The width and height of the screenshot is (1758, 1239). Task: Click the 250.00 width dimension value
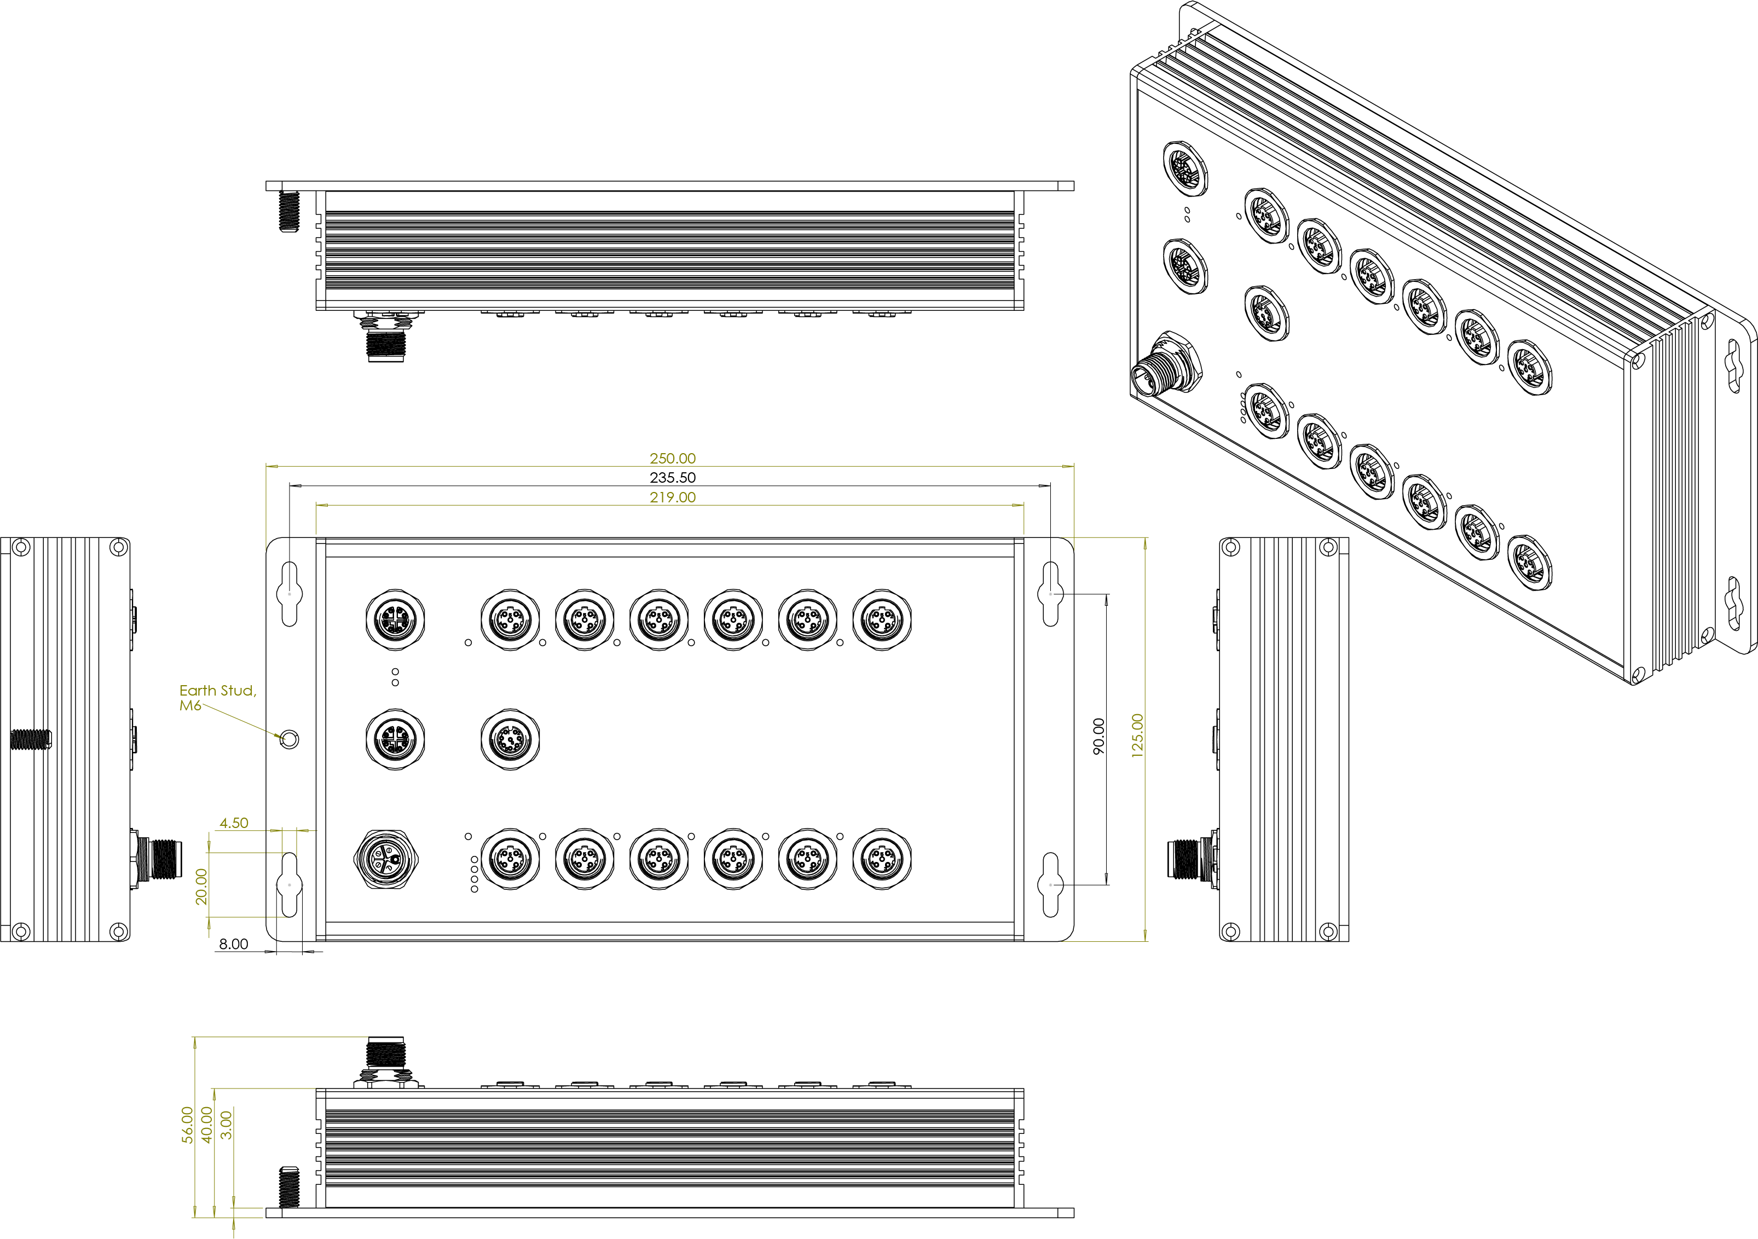tap(672, 458)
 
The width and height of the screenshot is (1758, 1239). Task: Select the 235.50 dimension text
tap(672, 477)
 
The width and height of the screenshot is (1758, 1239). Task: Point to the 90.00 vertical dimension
tap(1099, 736)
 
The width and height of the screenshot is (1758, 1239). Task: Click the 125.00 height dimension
tap(1137, 736)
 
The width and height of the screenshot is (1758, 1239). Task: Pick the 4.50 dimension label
tap(234, 823)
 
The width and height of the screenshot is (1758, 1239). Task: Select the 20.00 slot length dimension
tap(201, 886)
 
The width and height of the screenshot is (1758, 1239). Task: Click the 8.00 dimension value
tap(234, 944)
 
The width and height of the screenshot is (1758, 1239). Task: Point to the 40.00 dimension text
tap(207, 1125)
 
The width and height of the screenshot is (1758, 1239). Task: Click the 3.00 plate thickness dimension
tap(226, 1125)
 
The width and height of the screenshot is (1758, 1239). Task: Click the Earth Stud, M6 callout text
tap(217, 698)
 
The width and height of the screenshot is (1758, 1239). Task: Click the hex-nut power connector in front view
tap(386, 859)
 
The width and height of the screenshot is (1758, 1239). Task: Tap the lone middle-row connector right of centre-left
tap(510, 740)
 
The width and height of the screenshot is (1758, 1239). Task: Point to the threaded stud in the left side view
tap(31, 739)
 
